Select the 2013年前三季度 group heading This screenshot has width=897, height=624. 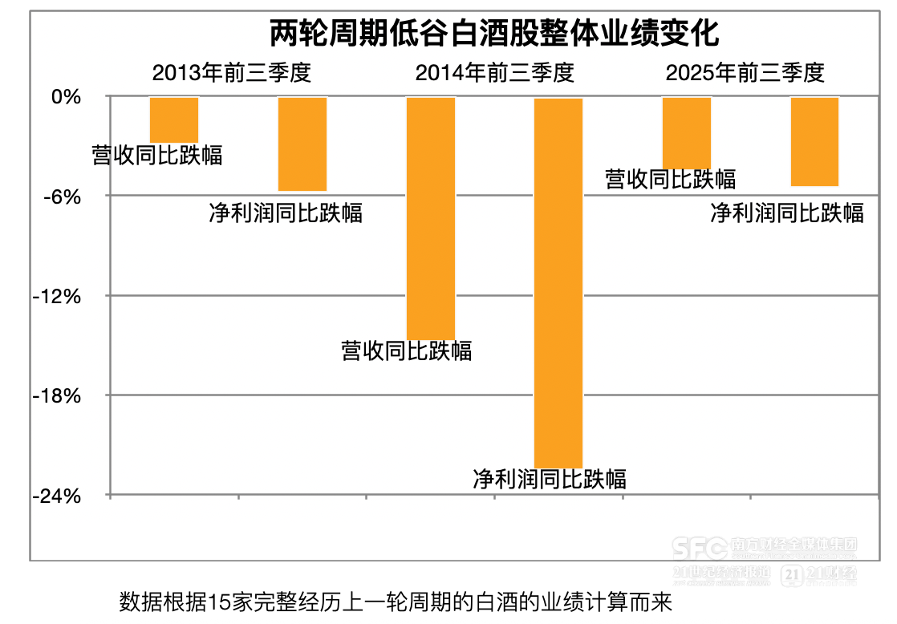[x=231, y=73]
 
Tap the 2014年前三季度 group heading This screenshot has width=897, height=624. [x=494, y=73]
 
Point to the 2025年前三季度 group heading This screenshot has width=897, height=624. [x=745, y=73]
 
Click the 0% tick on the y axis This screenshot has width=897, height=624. [x=66, y=97]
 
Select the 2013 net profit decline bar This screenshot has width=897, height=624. [x=302, y=144]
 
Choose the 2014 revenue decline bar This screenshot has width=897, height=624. [x=431, y=217]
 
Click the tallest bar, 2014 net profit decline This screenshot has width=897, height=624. [x=558, y=282]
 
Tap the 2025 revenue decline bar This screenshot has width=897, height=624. [x=686, y=132]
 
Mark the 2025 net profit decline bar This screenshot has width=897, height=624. [x=814, y=141]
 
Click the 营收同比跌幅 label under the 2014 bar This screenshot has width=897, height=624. [x=407, y=350]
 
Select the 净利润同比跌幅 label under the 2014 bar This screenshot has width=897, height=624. [x=550, y=479]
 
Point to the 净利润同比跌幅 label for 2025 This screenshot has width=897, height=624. [x=787, y=213]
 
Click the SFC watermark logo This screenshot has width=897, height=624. [x=699, y=549]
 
